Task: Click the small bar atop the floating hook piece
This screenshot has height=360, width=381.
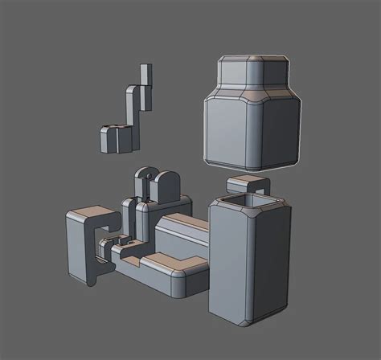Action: (x=145, y=75)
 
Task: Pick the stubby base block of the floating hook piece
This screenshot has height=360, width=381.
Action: (x=115, y=139)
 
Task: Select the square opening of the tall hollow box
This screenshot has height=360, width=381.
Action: (x=248, y=198)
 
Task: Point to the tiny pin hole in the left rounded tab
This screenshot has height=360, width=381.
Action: (x=144, y=174)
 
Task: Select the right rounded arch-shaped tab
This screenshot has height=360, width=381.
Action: (x=166, y=186)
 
